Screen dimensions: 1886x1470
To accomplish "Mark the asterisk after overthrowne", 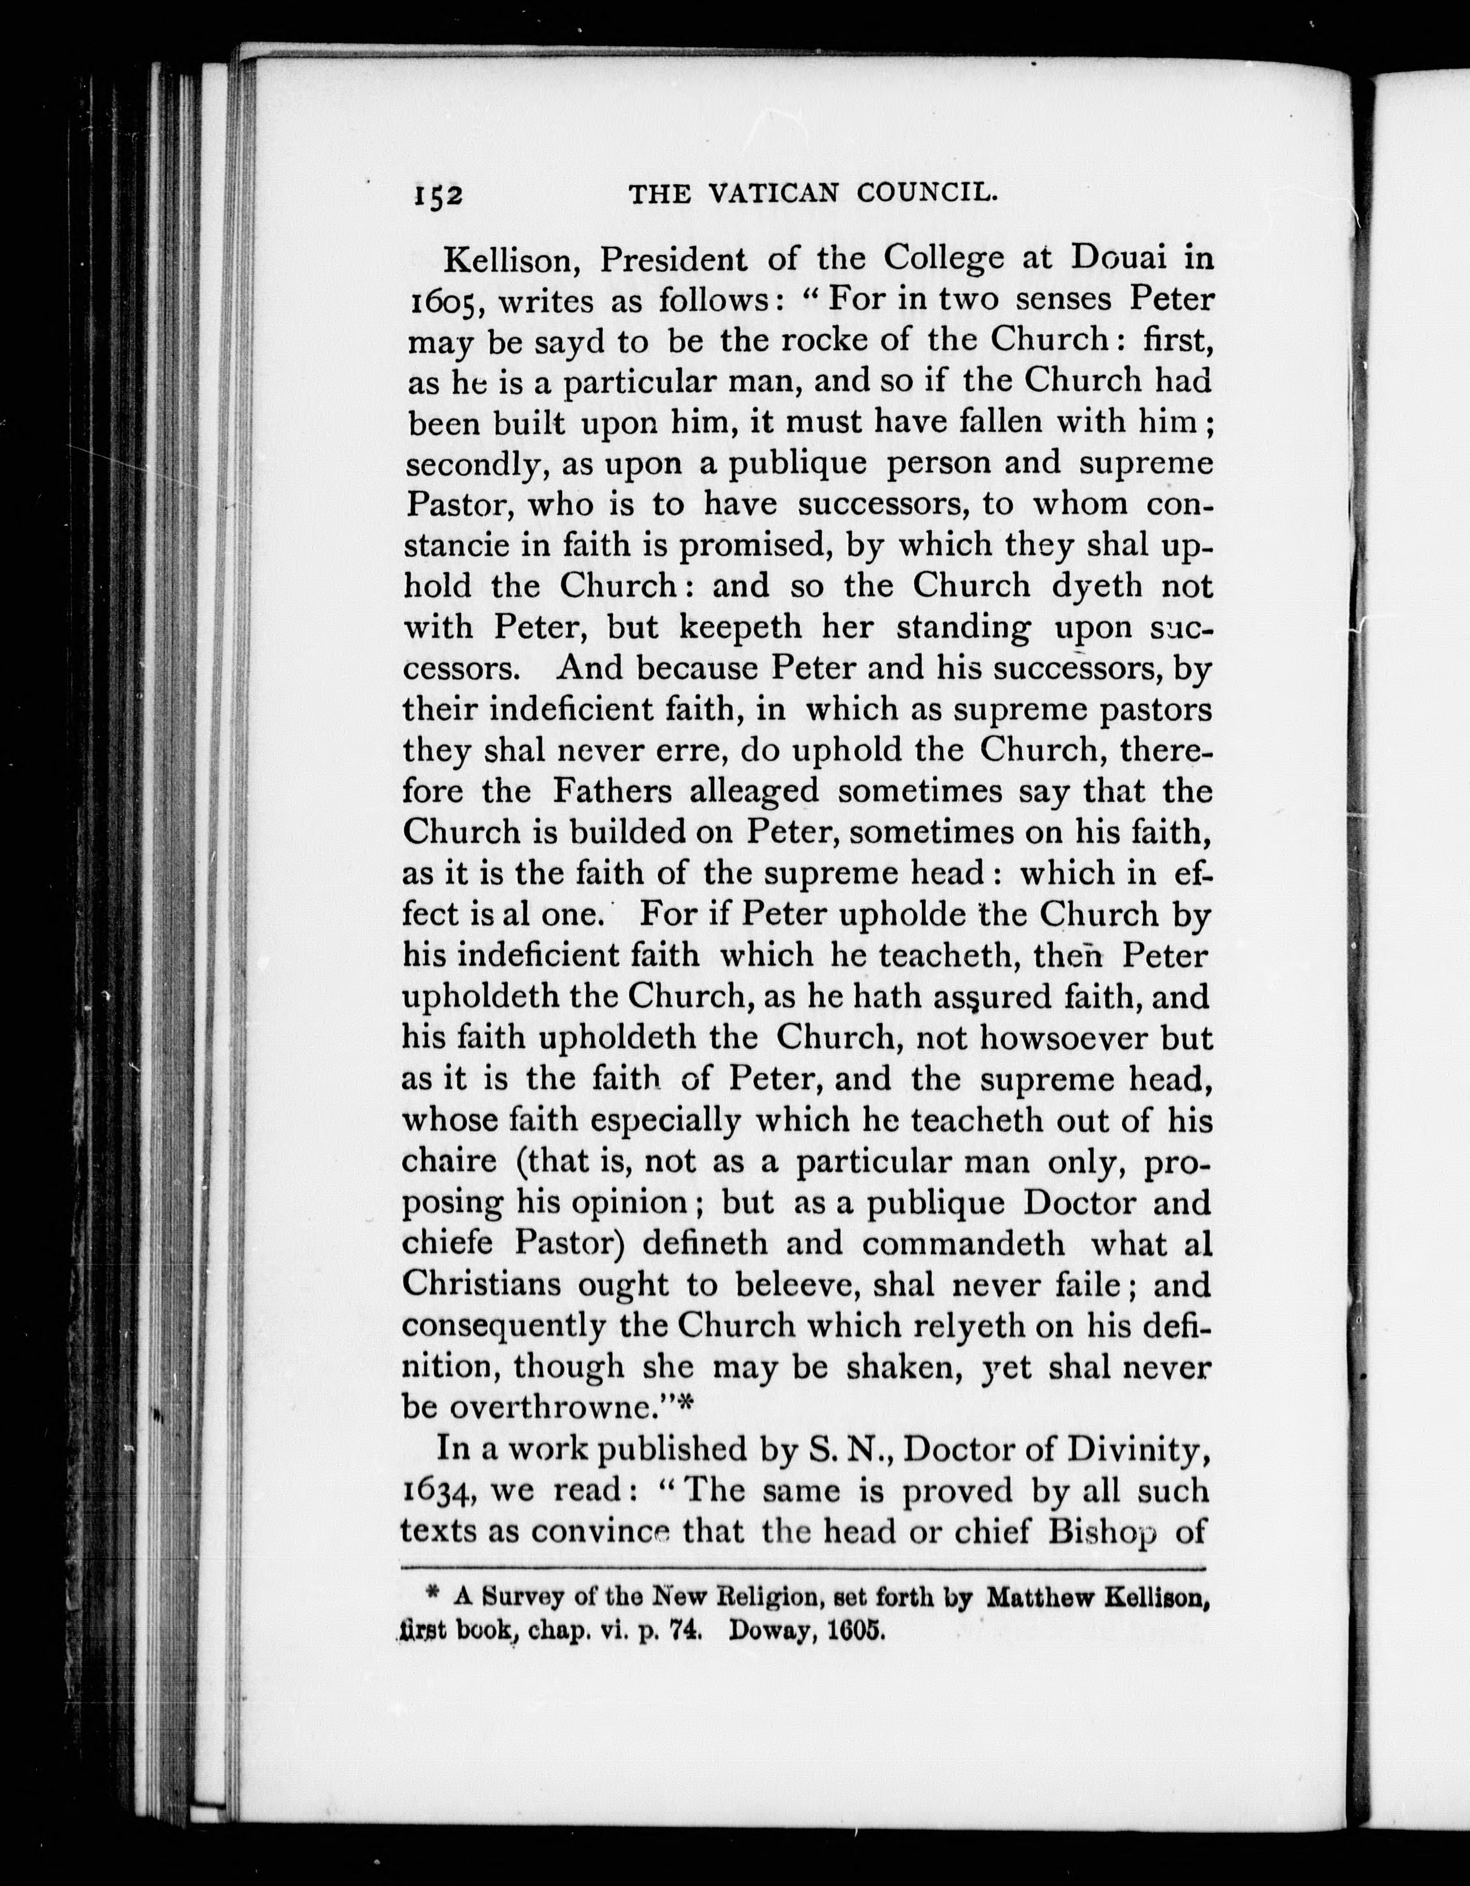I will point(686,1407).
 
